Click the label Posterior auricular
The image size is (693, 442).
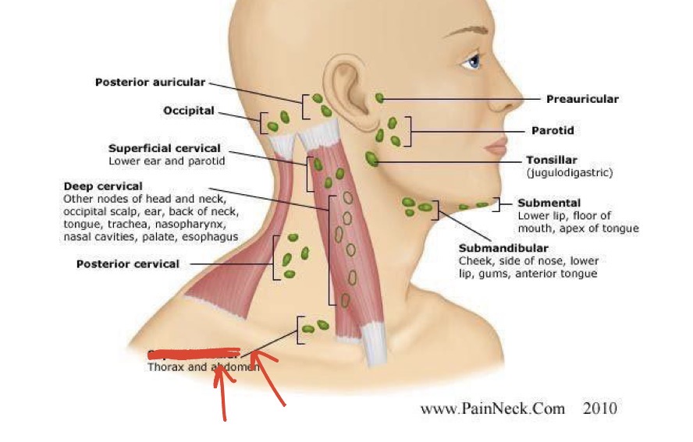click(x=150, y=82)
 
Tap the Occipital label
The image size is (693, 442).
click(x=188, y=111)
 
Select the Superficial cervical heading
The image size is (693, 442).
click(x=164, y=148)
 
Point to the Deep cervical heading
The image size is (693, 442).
click(x=103, y=186)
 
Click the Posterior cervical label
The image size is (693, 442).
click(x=127, y=263)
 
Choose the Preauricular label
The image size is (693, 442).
click(x=582, y=99)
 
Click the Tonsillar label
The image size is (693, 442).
click(x=552, y=161)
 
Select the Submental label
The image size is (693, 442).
click(x=549, y=203)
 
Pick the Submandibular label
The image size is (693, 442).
click(x=503, y=249)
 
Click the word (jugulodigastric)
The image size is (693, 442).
click(x=570, y=172)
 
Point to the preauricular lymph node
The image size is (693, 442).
click(x=379, y=98)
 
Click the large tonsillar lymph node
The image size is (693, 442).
click(x=371, y=159)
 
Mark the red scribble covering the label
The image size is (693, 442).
click(x=194, y=354)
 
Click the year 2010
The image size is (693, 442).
click(x=599, y=408)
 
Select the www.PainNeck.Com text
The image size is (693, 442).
click(x=492, y=408)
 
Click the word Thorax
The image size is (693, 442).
click(x=165, y=366)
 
